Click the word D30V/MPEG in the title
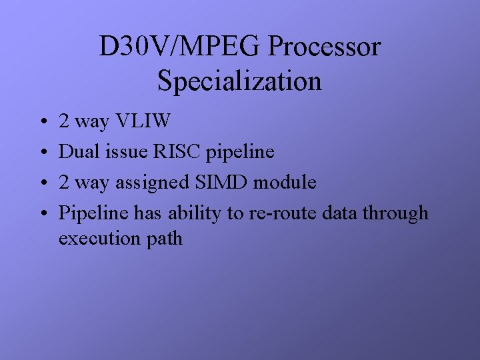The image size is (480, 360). coord(181,47)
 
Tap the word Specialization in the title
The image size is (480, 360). coord(240,81)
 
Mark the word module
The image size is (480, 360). coord(287,183)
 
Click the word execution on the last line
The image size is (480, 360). coord(99,239)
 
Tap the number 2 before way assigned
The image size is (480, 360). coord(64,183)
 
